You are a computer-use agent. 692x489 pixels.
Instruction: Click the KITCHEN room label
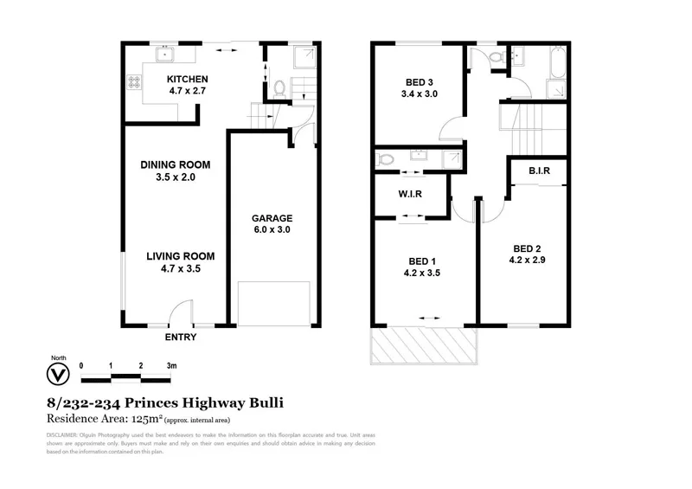pos(187,79)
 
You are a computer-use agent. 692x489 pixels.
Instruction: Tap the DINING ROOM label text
pos(176,164)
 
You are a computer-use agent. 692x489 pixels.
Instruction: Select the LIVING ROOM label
pos(180,256)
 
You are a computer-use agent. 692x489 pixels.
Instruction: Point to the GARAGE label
pos(272,218)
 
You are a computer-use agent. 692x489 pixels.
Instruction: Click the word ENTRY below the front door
pos(180,338)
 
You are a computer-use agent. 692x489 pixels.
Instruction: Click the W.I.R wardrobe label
pos(410,193)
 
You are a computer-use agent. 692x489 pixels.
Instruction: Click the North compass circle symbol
pos(58,375)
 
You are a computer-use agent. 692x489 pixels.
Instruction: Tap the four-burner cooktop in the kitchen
pos(135,83)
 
